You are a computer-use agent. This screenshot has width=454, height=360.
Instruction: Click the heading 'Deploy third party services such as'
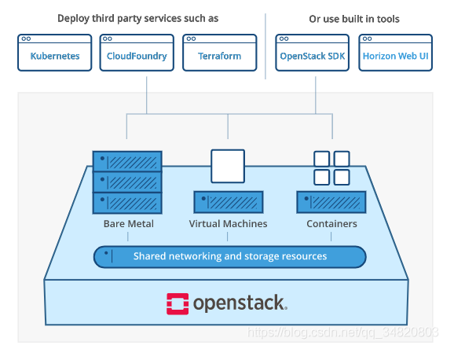(137, 18)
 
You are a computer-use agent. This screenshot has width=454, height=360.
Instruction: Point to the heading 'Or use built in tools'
(354, 18)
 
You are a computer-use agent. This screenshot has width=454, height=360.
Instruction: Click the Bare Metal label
(128, 224)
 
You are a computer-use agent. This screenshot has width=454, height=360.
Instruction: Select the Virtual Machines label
(228, 224)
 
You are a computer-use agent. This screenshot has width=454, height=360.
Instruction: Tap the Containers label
(331, 224)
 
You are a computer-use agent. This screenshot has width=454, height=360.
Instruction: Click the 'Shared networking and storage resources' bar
(229, 256)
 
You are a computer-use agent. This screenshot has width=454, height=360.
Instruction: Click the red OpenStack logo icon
(177, 303)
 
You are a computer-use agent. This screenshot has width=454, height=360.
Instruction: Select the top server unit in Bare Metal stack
(127, 162)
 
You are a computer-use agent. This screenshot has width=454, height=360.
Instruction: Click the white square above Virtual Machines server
(228, 166)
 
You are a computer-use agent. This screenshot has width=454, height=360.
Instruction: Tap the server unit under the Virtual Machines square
(228, 202)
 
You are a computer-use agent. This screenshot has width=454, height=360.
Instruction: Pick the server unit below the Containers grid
(331, 202)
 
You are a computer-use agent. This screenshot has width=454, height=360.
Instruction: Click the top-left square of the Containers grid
(322, 158)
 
